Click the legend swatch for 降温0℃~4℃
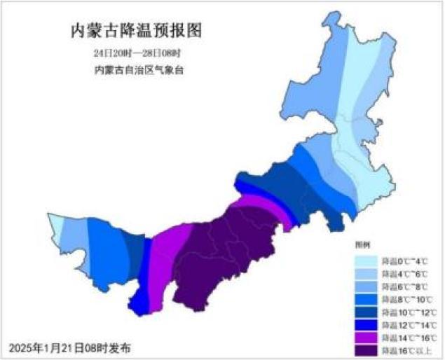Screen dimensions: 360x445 pyautogui.click(x=367, y=261)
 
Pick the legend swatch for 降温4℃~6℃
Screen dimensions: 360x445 pyautogui.click(x=367, y=273)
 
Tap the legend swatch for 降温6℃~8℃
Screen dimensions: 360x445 pyautogui.click(x=367, y=286)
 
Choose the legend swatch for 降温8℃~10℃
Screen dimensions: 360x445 pyautogui.click(x=367, y=299)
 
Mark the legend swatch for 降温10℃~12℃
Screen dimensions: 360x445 pyautogui.click(x=367, y=312)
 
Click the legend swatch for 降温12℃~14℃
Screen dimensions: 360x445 pyautogui.click(x=367, y=324)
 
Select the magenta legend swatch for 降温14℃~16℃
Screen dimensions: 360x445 pyautogui.click(x=367, y=337)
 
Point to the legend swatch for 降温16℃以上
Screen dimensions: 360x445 pyautogui.click(x=367, y=349)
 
